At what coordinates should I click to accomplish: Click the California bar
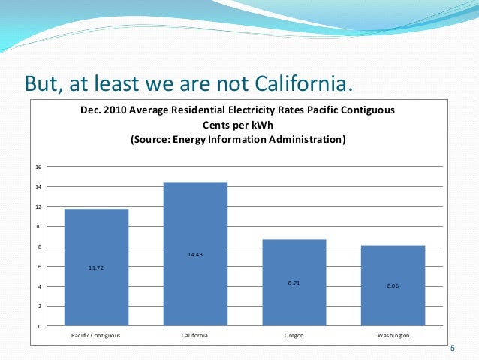pyautogui.click(x=195, y=254)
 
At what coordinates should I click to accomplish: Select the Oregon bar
pyautogui.click(x=294, y=283)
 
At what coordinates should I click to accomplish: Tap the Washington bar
pyautogui.click(x=393, y=286)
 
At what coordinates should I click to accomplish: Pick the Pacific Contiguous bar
pyautogui.click(x=97, y=268)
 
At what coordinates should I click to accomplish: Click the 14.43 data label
pyautogui.click(x=195, y=254)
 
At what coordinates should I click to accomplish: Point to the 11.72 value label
pyautogui.click(x=96, y=268)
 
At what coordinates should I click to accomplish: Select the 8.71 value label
pyautogui.click(x=294, y=283)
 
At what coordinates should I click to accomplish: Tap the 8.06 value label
pyautogui.click(x=393, y=286)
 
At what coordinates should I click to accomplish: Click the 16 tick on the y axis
pyautogui.click(x=38, y=167)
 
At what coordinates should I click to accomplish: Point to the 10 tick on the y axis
pyautogui.click(x=38, y=227)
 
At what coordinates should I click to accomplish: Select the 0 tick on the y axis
pyautogui.click(x=40, y=326)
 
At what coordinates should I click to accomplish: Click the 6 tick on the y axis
pyautogui.click(x=40, y=267)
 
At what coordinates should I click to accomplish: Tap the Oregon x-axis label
pyautogui.click(x=294, y=335)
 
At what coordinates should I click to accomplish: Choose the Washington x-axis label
pyautogui.click(x=393, y=335)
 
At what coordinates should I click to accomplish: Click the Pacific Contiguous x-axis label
pyautogui.click(x=95, y=335)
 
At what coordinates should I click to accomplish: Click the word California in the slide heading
pyautogui.click(x=303, y=83)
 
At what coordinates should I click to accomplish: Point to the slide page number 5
pyautogui.click(x=453, y=349)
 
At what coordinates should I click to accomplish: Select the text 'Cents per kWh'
pyautogui.click(x=238, y=125)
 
